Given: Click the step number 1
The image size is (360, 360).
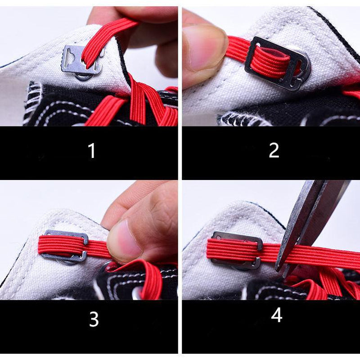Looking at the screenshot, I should [92, 151].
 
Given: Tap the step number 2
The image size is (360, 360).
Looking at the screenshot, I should [274, 150].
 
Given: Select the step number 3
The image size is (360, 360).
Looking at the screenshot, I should [94, 319].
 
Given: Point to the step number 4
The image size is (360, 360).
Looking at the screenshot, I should [276, 315].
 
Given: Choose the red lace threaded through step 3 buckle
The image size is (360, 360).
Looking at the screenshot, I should [63, 245].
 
